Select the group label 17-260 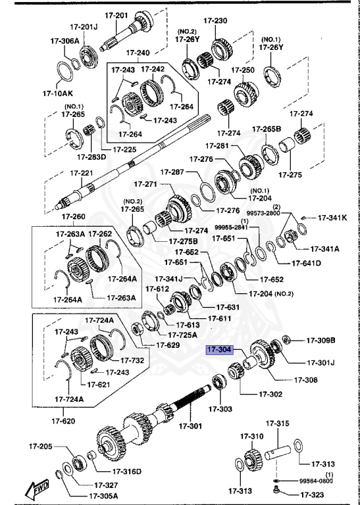point(73,217)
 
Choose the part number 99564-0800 point(329,481)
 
